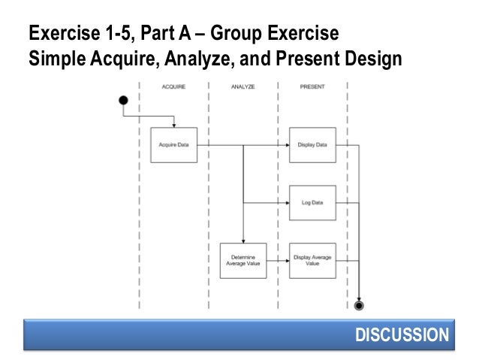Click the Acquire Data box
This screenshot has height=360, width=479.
point(173,144)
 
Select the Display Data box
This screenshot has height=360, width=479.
point(312,144)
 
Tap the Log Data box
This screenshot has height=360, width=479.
point(312,203)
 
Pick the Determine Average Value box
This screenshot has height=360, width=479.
point(243,261)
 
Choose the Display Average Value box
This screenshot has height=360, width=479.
point(312,261)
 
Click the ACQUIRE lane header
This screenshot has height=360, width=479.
point(173,87)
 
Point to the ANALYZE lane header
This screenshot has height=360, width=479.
point(243,87)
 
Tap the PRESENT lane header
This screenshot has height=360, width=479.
point(312,87)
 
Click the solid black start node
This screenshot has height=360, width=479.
point(123,100)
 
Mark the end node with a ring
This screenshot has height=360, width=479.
point(360,306)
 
